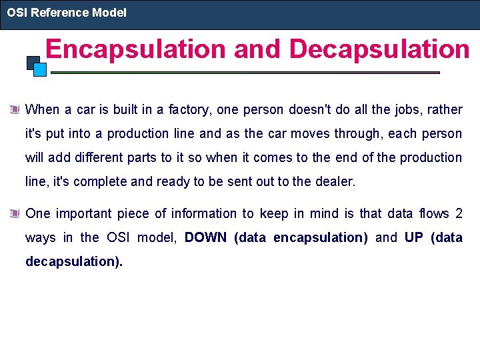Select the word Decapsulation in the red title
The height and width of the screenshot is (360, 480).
tap(379, 49)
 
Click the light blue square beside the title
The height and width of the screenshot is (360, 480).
tap(40, 69)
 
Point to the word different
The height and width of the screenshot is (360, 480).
tap(125, 157)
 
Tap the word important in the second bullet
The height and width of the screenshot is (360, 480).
tap(83, 213)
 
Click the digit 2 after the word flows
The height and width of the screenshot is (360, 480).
tap(458, 213)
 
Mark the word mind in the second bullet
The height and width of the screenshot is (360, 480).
tap(323, 213)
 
